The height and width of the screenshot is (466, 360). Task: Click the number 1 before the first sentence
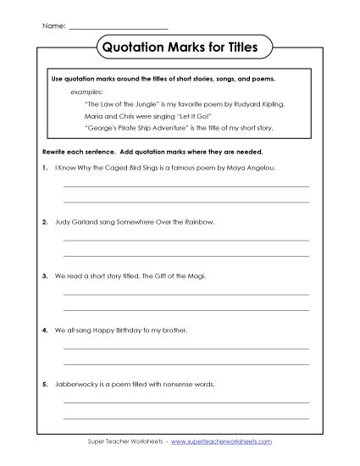click(42, 169)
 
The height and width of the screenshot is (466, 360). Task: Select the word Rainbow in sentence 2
click(197, 223)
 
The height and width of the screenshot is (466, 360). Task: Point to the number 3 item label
click(42, 276)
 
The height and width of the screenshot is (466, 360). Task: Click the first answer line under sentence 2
click(186, 241)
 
